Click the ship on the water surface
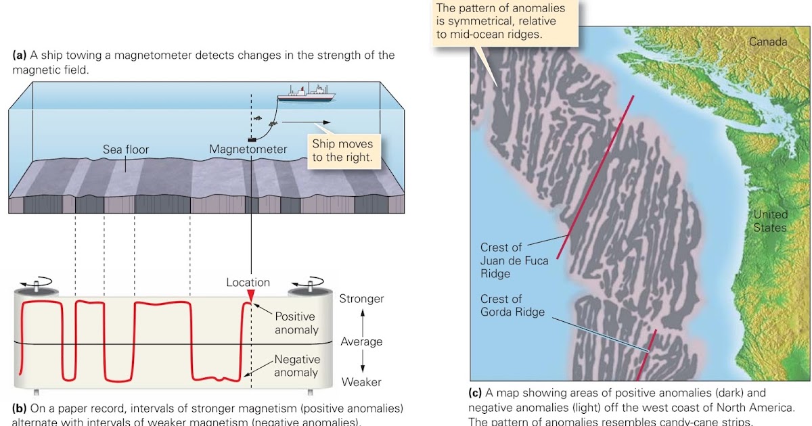pyautogui.click(x=306, y=94)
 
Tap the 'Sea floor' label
pyautogui.click(x=126, y=149)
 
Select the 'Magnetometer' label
pyautogui.click(x=248, y=149)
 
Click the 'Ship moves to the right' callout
pyautogui.click(x=342, y=152)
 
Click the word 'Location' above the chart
pyautogui.click(x=248, y=283)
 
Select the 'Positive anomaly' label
pyautogui.click(x=296, y=323)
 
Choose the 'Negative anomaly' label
pyautogui.click(x=296, y=366)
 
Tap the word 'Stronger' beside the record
pyautogui.click(x=361, y=299)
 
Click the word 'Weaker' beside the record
pyautogui.click(x=361, y=382)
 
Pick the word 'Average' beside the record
pyautogui.click(x=361, y=341)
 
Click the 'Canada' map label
pyautogui.click(x=768, y=42)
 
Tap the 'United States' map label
pyautogui.click(x=770, y=221)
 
